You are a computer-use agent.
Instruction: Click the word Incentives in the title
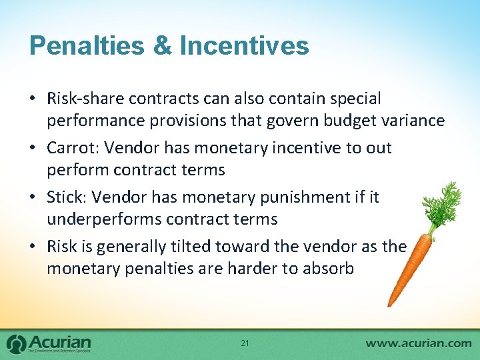pos(245,46)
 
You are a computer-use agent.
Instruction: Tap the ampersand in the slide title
pos(164,46)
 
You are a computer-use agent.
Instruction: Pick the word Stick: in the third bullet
pos(67,197)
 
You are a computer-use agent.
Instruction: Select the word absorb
pos(329,268)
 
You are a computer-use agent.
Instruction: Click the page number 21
pos(245,343)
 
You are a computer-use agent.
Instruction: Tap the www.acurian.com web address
pos(418,343)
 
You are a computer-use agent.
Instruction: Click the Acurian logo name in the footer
pos(61,340)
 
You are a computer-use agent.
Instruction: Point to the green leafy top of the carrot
pos(443,203)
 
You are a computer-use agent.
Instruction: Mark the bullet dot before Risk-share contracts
pos(34,99)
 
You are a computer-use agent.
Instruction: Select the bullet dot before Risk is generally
pos(34,247)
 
